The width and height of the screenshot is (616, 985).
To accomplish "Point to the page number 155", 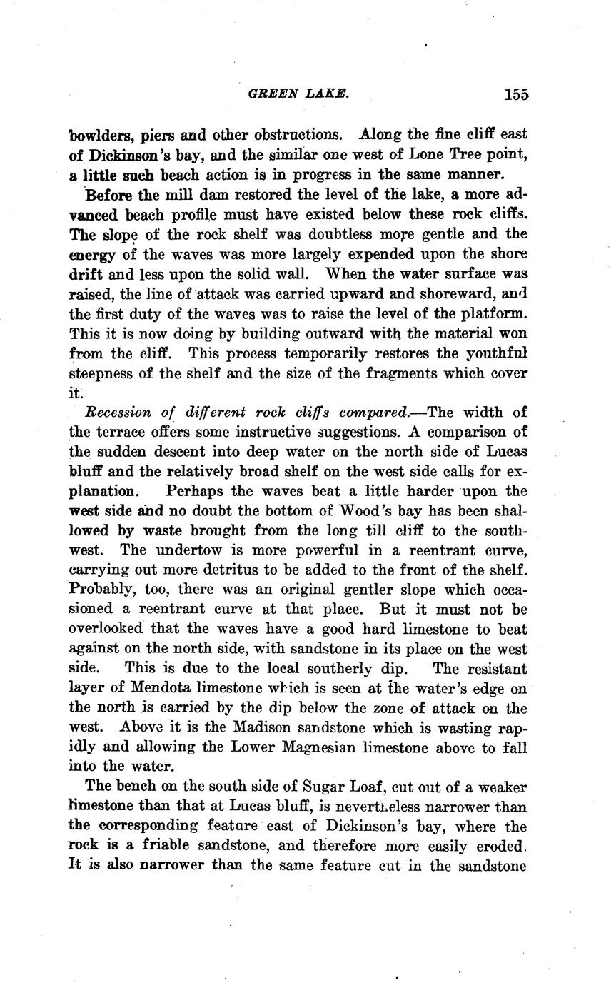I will [515, 94].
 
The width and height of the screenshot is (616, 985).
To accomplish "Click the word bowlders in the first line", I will [100, 134].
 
